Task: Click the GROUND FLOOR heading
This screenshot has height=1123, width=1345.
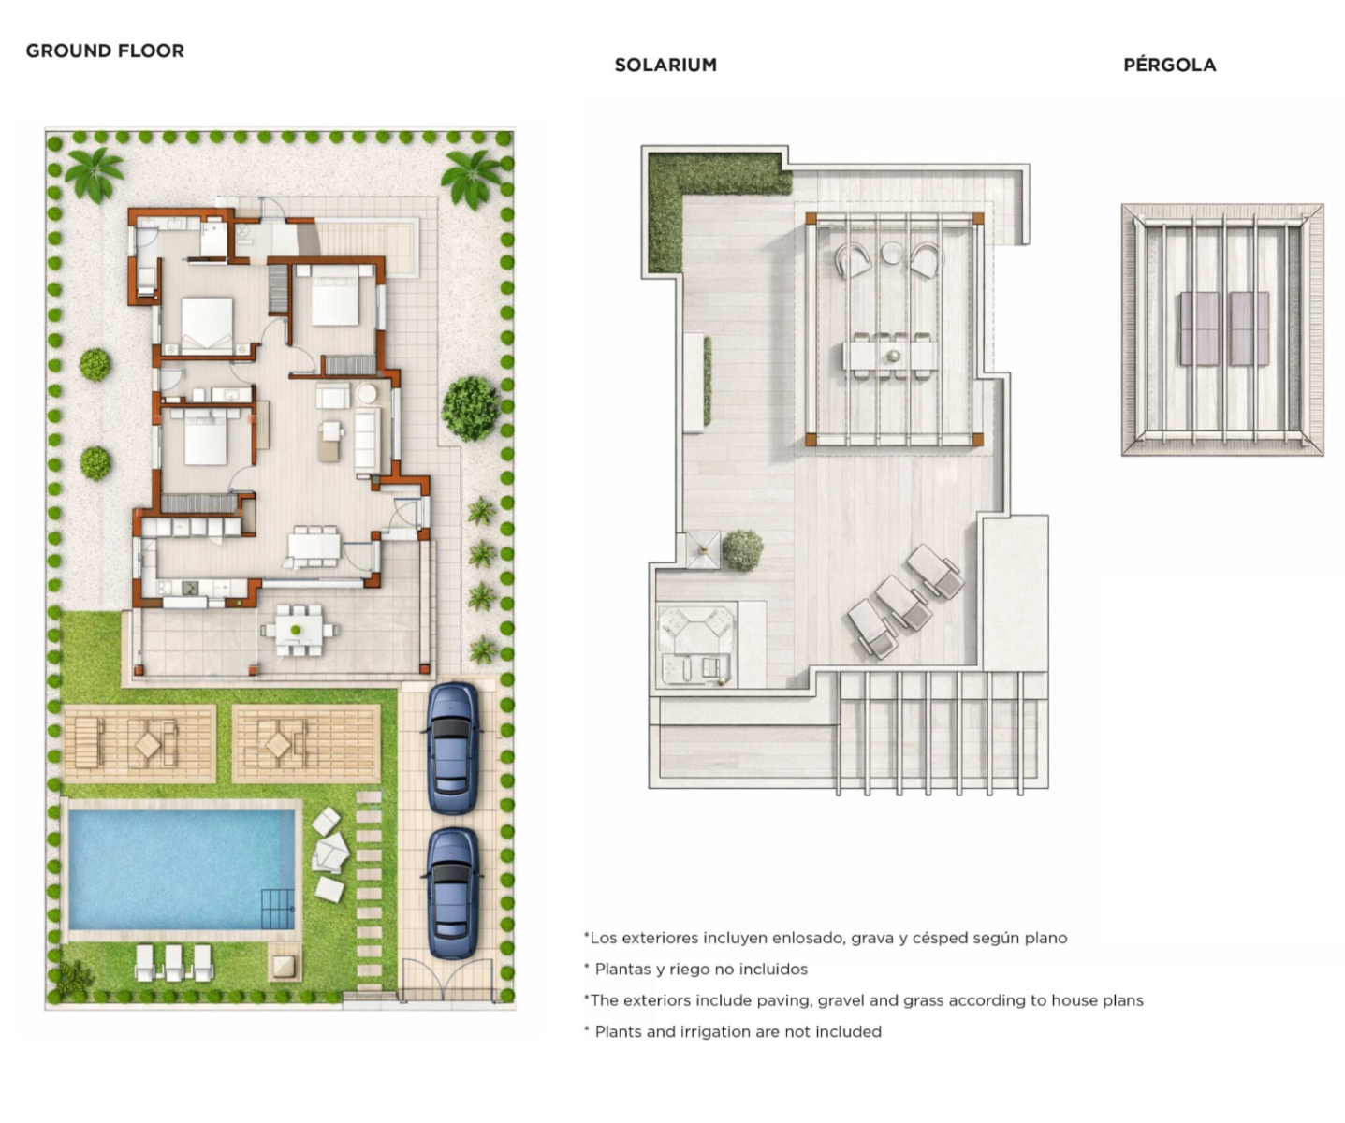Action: tap(105, 51)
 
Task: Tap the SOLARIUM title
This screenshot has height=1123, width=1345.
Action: tap(665, 66)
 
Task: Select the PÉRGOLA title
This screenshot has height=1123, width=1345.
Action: tap(1169, 65)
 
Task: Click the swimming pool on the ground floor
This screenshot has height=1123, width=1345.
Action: tap(181, 869)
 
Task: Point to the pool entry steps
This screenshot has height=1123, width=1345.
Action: tap(278, 909)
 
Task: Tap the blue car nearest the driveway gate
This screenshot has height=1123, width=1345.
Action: tap(452, 894)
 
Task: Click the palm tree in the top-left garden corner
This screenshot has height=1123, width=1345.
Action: tap(95, 173)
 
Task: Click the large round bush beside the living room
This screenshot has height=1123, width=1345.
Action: tap(470, 408)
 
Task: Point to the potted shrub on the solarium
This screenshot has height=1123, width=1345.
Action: tap(742, 549)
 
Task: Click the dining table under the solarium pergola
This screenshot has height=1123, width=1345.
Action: tap(890, 356)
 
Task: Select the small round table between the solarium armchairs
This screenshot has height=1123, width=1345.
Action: tap(892, 254)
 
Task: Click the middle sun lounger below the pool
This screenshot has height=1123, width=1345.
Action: tap(174, 963)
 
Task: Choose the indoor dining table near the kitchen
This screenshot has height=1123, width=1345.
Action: tap(314, 547)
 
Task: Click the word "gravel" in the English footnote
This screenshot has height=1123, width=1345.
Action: tap(826, 1000)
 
